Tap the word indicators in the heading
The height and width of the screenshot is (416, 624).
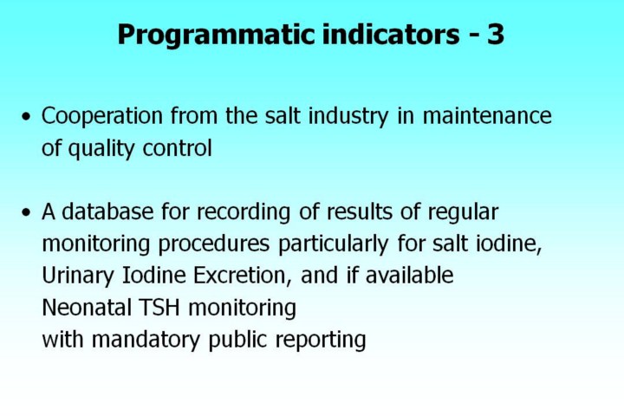tap(391, 35)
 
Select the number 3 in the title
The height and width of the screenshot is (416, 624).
tap(496, 35)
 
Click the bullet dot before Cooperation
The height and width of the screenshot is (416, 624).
tap(26, 117)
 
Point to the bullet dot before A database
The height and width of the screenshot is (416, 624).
tap(26, 212)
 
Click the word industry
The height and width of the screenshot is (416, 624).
tap(348, 117)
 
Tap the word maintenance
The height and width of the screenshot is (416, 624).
tap(487, 116)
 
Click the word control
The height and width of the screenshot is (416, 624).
tap(177, 148)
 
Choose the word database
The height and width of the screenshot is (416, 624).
tap(107, 211)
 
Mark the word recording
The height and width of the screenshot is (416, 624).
tap(244, 212)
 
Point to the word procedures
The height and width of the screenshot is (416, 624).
tap(214, 244)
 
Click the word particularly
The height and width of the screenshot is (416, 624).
tap(334, 244)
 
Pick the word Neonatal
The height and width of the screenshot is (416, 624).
tap(87, 308)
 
